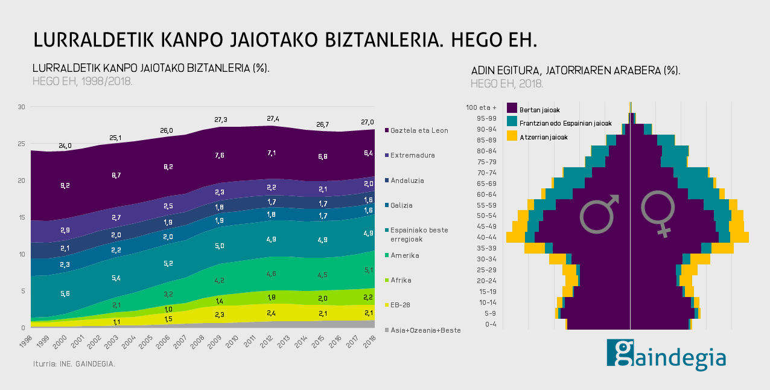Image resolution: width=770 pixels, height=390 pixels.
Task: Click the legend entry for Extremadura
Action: (x=412, y=155)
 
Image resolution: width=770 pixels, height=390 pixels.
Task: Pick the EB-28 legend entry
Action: (x=400, y=305)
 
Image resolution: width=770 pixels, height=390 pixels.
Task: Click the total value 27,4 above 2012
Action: (x=273, y=118)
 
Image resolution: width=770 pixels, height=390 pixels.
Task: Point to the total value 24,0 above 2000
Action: (x=65, y=145)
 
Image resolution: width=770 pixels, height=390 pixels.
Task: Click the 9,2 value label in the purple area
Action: (x=65, y=185)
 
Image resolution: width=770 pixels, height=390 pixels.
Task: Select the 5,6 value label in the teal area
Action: (x=65, y=293)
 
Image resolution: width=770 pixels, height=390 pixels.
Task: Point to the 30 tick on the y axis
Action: (x=21, y=107)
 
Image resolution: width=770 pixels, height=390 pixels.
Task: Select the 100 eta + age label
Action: (x=481, y=107)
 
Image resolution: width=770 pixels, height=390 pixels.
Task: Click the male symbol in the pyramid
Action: (x=599, y=213)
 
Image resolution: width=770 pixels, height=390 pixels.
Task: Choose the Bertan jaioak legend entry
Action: (x=539, y=110)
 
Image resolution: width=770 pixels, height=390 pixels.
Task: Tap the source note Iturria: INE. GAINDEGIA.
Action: (x=74, y=364)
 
